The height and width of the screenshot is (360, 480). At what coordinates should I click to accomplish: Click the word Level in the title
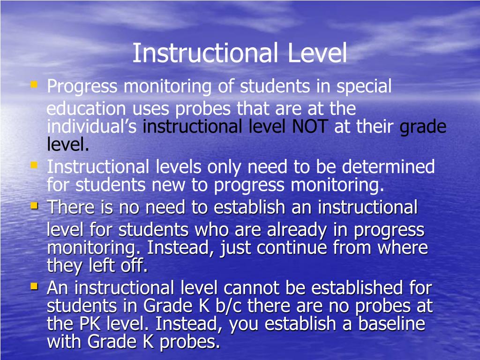click(317, 53)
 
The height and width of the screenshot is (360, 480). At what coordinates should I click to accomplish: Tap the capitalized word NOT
click(310, 127)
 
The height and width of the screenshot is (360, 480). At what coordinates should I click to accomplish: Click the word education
click(86, 109)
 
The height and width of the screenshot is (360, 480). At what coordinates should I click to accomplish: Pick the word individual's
click(92, 127)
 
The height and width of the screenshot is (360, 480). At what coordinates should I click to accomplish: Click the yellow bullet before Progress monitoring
click(34, 85)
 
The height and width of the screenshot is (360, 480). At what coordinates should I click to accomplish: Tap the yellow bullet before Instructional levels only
click(34, 165)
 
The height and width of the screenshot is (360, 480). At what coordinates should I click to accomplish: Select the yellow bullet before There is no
click(34, 205)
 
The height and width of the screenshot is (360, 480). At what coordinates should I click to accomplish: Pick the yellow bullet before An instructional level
click(34, 285)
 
